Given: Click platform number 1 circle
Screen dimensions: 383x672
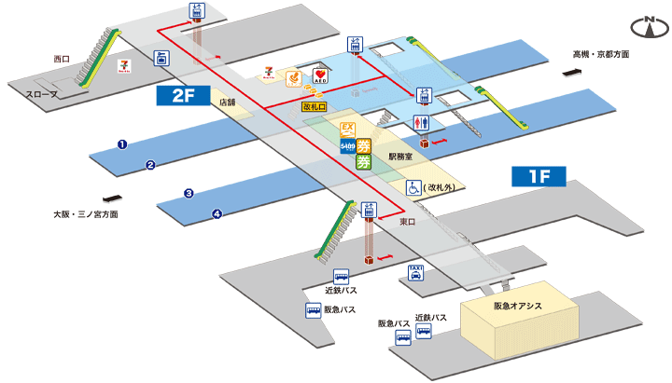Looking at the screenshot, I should (x=121, y=144).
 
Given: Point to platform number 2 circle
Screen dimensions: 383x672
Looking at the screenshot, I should (x=149, y=165).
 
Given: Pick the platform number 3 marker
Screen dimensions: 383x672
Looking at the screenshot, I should (x=189, y=194).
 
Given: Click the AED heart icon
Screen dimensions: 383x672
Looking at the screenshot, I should (x=320, y=74).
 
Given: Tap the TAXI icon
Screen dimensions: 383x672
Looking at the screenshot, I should (x=416, y=272).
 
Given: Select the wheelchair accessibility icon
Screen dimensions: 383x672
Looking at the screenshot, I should (x=412, y=187).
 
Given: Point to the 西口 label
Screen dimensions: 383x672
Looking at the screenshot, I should (x=63, y=59).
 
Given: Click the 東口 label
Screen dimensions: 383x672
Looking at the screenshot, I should (x=408, y=222).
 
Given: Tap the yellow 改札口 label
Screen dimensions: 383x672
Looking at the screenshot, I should (x=315, y=107).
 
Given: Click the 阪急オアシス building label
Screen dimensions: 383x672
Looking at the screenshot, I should (x=518, y=307).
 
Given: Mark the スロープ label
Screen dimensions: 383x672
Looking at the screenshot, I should (x=41, y=94).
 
